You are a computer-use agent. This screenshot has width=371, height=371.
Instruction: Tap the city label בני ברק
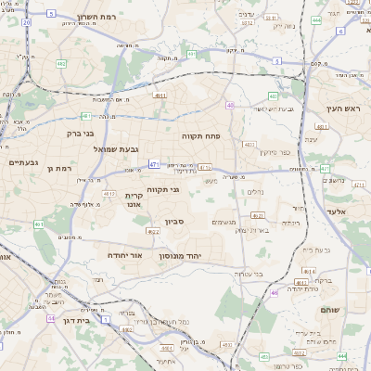(88, 133)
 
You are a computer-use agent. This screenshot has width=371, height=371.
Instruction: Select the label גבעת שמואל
(115, 148)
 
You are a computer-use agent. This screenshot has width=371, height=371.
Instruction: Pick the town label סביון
(175, 222)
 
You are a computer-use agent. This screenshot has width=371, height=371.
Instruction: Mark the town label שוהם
(330, 310)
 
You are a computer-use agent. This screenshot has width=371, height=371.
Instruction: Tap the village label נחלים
(256, 192)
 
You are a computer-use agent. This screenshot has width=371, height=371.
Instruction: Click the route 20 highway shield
(25, 20)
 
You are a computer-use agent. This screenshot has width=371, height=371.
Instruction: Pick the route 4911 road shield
(160, 95)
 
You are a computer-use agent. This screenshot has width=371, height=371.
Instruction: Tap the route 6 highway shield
(340, 31)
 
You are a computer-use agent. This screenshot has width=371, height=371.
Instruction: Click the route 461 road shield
(39, 224)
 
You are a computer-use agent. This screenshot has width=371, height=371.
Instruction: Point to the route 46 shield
(275, 292)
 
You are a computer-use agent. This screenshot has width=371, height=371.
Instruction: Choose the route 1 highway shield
(106, 319)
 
